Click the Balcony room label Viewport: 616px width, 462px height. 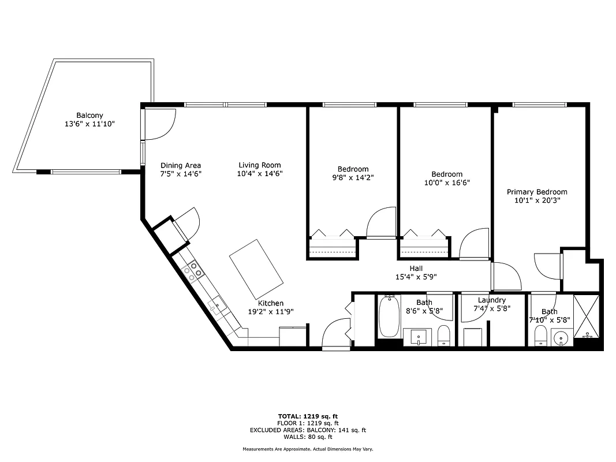[89, 115]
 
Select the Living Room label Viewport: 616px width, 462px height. [259, 165]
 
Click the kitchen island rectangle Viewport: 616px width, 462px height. [256, 267]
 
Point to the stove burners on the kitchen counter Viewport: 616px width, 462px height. [193, 271]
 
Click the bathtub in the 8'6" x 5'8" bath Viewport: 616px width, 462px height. [389, 317]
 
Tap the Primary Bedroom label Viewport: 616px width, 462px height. [537, 192]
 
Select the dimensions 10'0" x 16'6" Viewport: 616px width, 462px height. [447, 183]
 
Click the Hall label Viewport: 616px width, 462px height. [416, 268]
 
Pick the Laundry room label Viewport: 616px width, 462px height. [492, 300]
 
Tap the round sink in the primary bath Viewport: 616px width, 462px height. [560, 338]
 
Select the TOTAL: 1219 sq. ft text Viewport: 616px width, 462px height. [308, 416]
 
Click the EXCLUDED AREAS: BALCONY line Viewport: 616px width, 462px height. [308, 430]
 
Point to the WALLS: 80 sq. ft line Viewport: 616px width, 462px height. [308, 437]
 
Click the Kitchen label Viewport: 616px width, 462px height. [270, 303]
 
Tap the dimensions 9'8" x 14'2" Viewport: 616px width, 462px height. [353, 178]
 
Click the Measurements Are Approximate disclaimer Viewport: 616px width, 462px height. [308, 449]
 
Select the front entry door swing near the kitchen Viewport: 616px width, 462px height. [335, 335]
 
